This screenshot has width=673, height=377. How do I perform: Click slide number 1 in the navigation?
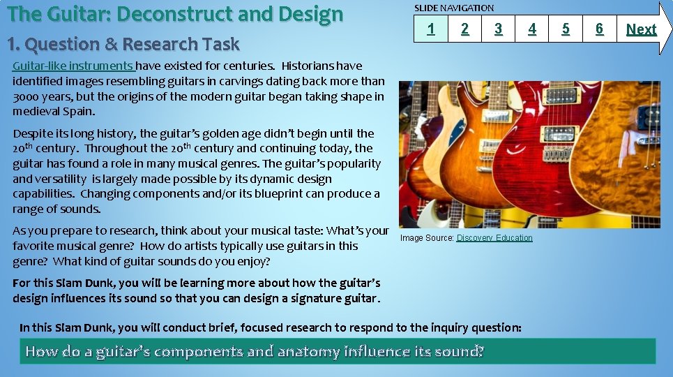431,29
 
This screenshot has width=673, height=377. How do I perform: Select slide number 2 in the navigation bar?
465,29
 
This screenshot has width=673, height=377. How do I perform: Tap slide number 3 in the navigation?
498,29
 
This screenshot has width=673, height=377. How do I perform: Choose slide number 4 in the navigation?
532,29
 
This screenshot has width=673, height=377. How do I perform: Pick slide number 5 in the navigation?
566,29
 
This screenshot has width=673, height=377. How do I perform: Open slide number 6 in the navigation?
599,29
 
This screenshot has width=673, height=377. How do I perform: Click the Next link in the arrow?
641,29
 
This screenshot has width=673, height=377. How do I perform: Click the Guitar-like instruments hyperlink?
73,66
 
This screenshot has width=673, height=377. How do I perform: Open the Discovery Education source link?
494,238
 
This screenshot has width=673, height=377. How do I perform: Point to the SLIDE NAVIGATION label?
454,8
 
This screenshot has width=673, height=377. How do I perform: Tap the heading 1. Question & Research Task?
123,44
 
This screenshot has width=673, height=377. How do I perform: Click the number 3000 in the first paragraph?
27,97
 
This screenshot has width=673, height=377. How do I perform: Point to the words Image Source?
426,238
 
